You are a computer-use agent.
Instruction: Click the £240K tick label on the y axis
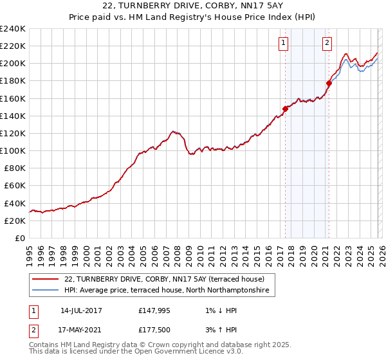[13, 29]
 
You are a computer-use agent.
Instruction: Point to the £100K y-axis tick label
[13, 150]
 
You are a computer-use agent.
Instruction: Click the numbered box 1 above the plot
[284, 43]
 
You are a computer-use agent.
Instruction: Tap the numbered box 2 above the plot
[327, 43]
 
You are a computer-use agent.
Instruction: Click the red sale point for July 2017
[285, 109]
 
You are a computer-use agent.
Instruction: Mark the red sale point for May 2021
[329, 83]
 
